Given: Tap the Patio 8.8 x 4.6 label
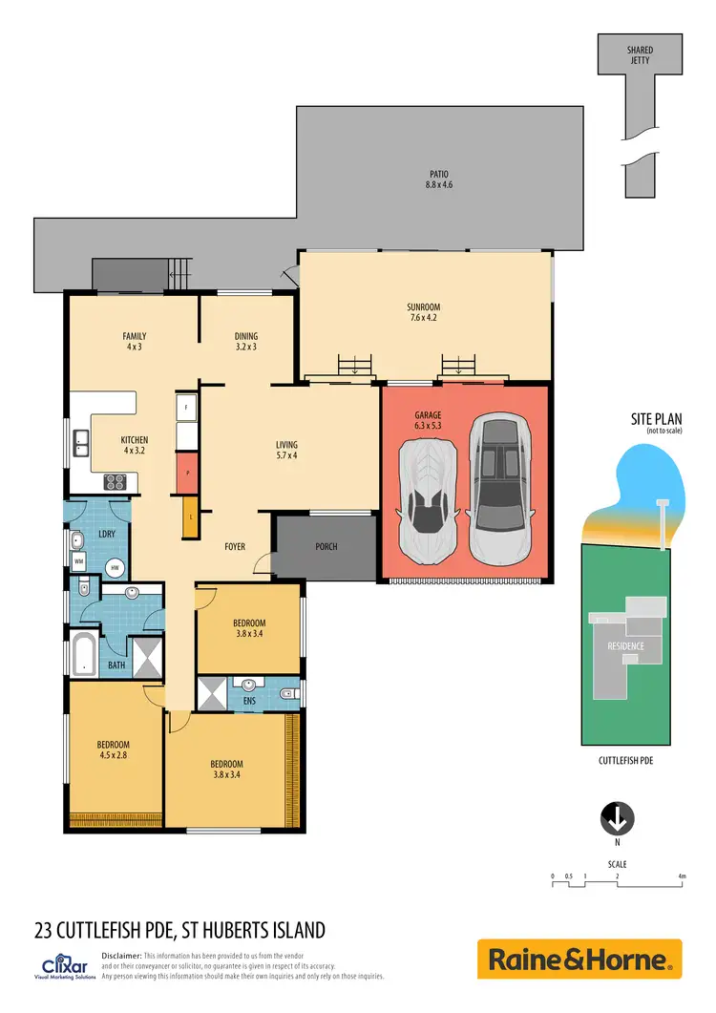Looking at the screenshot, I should pyautogui.click(x=439, y=179).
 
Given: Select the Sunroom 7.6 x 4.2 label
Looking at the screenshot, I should pyautogui.click(x=423, y=312).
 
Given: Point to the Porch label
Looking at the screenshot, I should pyautogui.click(x=326, y=547).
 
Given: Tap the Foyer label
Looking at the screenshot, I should pyautogui.click(x=235, y=547).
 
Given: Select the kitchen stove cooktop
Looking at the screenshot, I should pyautogui.click(x=116, y=482).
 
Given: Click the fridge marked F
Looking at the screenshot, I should pyautogui.click(x=187, y=406).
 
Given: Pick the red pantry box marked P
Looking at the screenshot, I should pyautogui.click(x=186, y=473).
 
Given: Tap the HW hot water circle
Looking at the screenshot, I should pyautogui.click(x=115, y=568).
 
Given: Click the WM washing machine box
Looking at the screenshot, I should pyautogui.click(x=79, y=561).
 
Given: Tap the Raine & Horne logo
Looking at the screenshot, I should pyautogui.click(x=579, y=959).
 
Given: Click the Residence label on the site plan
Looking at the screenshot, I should pyautogui.click(x=626, y=646).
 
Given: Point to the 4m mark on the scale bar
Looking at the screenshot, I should pyautogui.click(x=682, y=876).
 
